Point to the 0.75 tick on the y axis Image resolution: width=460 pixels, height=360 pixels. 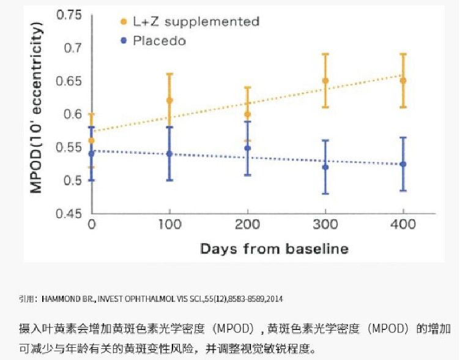[69, 15]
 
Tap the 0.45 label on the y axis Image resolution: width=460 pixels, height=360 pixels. [69, 214]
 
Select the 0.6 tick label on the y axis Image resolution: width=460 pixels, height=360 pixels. [73, 114]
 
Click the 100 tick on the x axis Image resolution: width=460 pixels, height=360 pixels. [169, 225]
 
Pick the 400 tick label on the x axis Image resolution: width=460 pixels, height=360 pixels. [402, 225]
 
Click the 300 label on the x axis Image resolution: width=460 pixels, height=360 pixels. [325, 225]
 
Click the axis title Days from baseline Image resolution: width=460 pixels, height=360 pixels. [274, 249]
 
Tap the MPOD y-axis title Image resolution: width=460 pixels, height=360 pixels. [38, 107]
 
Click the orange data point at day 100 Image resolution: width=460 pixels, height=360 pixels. [169, 100]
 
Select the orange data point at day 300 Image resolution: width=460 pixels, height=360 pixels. [325, 80]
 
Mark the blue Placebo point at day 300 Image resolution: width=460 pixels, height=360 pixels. [325, 167]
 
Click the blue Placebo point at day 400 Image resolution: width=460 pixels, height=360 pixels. [402, 164]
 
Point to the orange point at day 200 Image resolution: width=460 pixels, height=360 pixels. [248, 114]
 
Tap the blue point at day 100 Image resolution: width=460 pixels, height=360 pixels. [169, 154]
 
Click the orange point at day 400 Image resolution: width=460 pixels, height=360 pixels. [402, 80]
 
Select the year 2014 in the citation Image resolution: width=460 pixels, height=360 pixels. [274, 299]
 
